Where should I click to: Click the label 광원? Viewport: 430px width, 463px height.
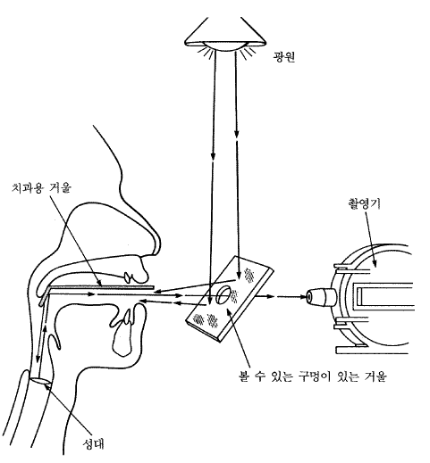pyautogui.click(x=283, y=56)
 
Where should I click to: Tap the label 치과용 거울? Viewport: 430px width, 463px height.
pyautogui.click(x=41, y=187)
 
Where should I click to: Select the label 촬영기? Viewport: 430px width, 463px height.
pyautogui.click(x=364, y=203)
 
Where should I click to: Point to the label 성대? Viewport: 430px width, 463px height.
pyautogui.click(x=93, y=443)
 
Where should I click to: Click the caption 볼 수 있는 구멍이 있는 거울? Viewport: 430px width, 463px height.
pyautogui.click(x=313, y=376)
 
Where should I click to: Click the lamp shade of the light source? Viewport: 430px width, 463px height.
pyautogui.click(x=225, y=33)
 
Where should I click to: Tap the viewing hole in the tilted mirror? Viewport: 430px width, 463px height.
pyautogui.click(x=223, y=294)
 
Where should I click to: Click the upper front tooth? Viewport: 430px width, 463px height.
pyautogui.click(x=129, y=277)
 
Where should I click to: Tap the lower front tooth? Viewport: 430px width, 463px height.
pyautogui.click(x=128, y=316)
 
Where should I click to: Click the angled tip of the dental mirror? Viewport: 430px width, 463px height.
pyautogui.click(x=44, y=297)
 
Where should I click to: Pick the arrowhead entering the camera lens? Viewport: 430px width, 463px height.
pyautogui.click(x=303, y=296)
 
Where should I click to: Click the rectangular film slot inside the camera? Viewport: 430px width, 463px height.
pyautogui.click(x=385, y=297)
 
